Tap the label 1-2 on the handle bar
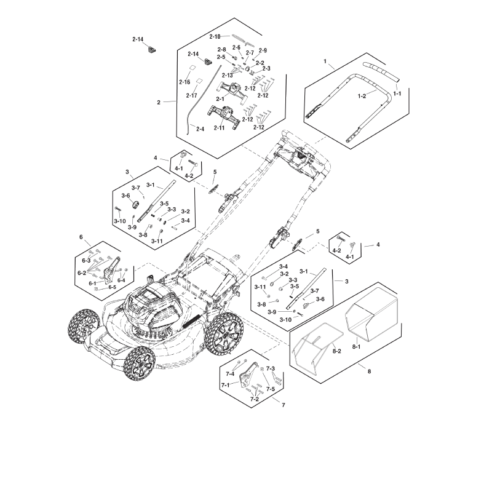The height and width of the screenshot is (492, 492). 362,96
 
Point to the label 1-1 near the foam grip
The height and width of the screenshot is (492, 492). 397,93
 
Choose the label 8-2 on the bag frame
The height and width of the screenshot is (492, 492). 336,351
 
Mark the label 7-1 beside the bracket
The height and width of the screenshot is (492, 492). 226,385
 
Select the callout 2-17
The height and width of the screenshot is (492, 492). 191,95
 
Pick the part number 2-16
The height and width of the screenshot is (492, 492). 184,82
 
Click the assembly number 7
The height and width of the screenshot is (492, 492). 282,405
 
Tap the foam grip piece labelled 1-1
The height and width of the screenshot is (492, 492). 381,70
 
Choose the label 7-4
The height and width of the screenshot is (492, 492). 231,373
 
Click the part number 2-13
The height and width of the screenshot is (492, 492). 227,75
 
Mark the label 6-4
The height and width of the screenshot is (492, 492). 122,280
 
